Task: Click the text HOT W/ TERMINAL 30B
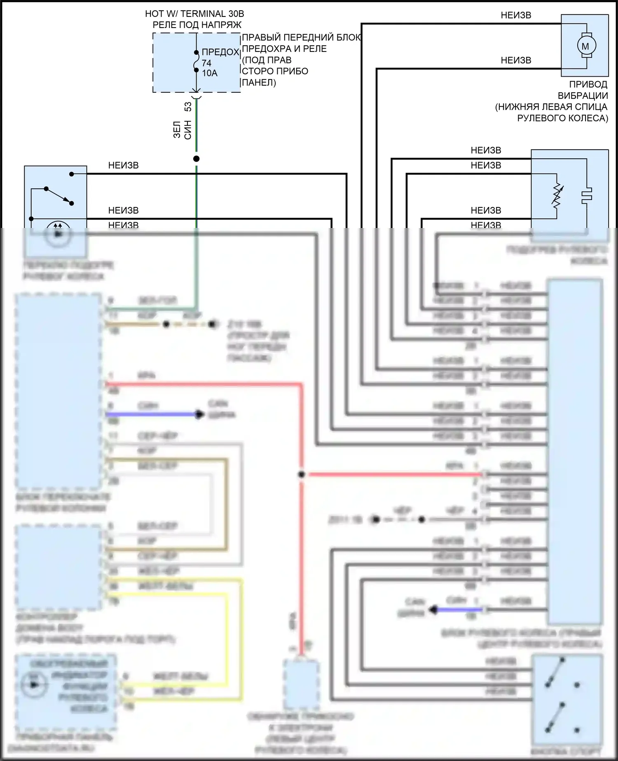pos(194,14)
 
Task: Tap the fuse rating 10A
pos(209,73)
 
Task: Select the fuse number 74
pos(206,63)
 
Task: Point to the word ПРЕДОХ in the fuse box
pos(220,52)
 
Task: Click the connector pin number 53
pos(188,106)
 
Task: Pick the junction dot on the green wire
pos(197,159)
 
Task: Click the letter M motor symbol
pos(585,46)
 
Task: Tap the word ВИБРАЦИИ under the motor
pos(583,96)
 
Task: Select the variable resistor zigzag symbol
pos(557,195)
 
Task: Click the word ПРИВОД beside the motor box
pos(588,84)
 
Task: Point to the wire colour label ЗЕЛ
pos(177,129)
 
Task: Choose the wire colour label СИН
pos(188,129)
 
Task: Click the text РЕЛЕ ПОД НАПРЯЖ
pos(197,25)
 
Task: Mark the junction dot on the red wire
pos(302,474)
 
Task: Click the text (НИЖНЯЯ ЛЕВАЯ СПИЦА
pos(551,107)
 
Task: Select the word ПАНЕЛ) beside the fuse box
pos(258,82)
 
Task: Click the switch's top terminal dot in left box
pos(71,174)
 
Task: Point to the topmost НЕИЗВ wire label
pos(516,15)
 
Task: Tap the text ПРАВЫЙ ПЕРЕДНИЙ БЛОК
pos(301,38)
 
